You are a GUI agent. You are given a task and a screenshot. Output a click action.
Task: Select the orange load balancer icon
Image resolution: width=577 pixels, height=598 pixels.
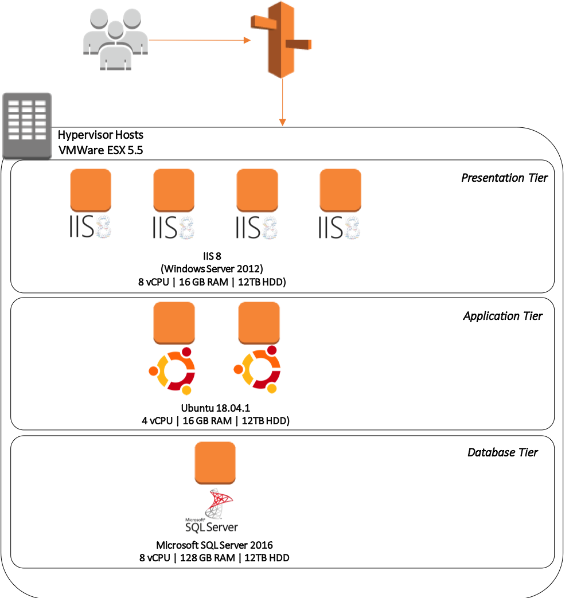(281, 39)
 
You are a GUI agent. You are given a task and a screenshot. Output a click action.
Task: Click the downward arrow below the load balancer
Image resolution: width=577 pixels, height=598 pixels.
(282, 103)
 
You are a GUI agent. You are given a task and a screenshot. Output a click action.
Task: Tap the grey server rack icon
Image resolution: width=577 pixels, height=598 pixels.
(27, 126)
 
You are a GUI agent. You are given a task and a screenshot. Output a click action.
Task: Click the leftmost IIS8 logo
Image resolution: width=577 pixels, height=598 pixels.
(91, 227)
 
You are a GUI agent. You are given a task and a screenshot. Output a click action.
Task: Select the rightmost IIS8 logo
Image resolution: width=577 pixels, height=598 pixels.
(340, 227)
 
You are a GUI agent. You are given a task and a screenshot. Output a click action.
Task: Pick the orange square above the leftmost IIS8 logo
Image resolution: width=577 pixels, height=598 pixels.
(91, 190)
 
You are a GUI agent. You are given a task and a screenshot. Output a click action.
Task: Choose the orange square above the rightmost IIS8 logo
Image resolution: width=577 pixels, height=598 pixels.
(340, 190)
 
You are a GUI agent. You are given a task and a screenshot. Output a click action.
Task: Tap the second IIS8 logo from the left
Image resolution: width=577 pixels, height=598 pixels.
(174, 227)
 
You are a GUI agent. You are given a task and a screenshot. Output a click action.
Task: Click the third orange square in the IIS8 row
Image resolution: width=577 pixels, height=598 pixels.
(257, 190)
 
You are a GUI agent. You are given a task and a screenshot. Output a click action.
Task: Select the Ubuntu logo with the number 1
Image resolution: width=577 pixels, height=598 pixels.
(259, 369)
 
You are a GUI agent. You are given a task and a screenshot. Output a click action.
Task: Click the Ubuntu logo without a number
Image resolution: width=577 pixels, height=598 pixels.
(173, 371)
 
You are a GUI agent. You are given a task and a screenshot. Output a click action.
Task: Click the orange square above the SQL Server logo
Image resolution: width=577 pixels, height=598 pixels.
(215, 462)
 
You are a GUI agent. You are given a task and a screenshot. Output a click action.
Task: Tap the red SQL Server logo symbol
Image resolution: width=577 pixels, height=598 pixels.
(219, 503)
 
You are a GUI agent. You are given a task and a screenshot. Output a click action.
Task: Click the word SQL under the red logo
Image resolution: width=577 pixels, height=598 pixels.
(195, 527)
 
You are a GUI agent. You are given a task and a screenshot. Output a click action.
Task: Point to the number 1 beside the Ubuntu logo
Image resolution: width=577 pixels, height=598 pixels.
(283, 364)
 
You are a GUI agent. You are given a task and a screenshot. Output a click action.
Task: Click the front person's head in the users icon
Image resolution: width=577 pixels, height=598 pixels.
(115, 29)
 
